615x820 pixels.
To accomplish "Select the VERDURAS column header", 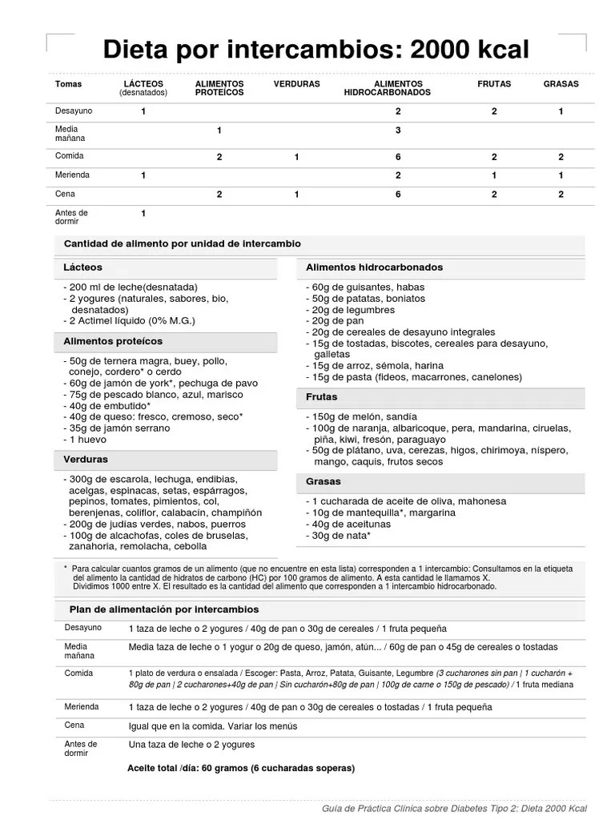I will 296,84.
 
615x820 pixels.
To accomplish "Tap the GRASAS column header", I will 561,84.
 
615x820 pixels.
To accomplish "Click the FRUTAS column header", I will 494,84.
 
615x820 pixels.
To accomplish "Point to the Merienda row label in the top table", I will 72,175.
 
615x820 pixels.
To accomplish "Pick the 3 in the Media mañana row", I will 398,130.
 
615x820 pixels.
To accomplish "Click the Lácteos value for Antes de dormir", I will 143,213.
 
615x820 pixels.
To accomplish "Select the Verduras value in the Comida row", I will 296,157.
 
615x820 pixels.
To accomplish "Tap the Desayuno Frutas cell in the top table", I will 494,111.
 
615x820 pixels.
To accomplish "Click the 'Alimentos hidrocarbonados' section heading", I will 374,267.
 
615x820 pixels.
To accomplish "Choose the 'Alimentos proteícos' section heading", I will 113,341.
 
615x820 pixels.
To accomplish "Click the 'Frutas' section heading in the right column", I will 322,397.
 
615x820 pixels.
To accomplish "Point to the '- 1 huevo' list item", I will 88,440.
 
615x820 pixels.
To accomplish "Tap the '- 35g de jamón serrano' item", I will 117,428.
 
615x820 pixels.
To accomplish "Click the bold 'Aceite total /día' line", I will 240,768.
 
